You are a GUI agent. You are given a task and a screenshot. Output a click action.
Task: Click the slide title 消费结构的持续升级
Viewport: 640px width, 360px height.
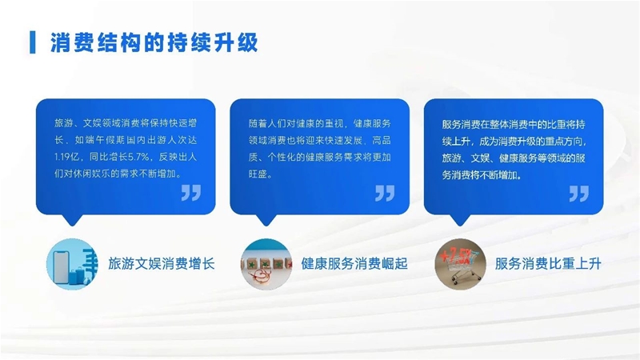pos(154,42)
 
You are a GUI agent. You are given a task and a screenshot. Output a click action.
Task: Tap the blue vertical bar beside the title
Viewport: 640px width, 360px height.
pos(33,42)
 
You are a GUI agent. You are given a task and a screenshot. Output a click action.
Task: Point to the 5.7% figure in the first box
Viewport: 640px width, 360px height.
pos(139,157)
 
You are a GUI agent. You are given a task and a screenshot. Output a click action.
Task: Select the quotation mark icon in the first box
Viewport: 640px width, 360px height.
pos(191,193)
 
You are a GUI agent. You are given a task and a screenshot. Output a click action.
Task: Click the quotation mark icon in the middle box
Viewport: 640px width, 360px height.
pos(385,193)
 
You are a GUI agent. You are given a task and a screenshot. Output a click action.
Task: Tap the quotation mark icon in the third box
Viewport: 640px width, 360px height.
pos(578,193)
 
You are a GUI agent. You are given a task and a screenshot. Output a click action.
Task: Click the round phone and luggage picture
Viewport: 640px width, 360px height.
pos(72,264)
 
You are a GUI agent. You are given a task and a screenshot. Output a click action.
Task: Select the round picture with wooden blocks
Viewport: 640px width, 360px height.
pos(266,264)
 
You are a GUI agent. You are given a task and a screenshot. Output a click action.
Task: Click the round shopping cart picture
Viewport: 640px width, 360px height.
pos(460,264)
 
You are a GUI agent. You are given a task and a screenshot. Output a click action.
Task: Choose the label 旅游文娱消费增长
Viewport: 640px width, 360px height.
pos(162,264)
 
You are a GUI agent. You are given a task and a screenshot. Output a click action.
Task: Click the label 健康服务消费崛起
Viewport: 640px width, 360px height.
pos(354,264)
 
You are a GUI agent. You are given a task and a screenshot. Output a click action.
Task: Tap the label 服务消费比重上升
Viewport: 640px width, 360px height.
pos(548,264)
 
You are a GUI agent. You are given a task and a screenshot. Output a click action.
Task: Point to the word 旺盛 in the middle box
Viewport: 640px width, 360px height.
pos(258,174)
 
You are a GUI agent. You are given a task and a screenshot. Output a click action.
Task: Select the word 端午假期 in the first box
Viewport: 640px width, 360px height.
pos(105,140)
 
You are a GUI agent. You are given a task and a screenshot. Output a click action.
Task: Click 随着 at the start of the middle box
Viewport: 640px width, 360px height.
pos(258,123)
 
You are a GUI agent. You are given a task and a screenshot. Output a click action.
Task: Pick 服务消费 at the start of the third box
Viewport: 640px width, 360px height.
pos(462,124)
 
